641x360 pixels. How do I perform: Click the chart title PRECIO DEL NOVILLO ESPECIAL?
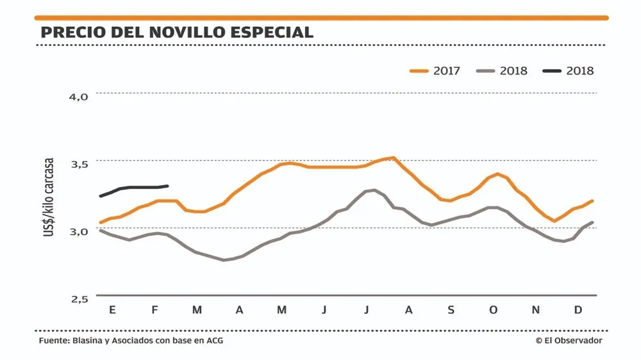[177, 32]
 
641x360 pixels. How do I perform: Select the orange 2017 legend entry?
[435, 70]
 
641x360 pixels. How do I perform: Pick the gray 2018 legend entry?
[503, 70]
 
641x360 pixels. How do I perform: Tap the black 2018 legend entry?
[569, 70]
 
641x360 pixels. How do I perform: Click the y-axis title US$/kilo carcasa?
[49, 198]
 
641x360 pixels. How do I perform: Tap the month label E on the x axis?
[112, 311]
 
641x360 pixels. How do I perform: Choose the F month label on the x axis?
[154, 311]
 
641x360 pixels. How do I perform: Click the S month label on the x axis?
[451, 311]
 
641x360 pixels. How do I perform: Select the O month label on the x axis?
[493, 311]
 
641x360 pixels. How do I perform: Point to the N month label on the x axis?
[536, 311]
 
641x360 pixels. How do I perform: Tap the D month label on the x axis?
[578, 311]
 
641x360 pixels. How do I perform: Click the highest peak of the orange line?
[393, 158]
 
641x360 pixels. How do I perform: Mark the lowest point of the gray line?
[224, 260]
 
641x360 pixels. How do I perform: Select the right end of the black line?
[167, 186]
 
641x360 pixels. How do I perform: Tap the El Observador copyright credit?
[569, 341]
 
